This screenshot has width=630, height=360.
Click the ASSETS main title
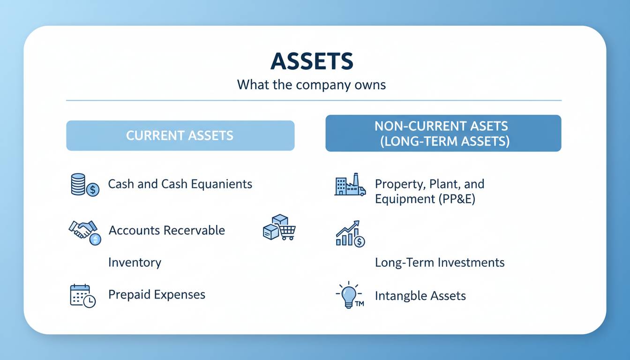click(x=312, y=61)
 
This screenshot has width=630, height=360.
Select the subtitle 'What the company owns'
click(x=311, y=85)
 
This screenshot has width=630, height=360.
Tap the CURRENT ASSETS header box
click(x=180, y=135)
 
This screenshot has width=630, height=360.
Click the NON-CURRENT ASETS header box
click(x=443, y=133)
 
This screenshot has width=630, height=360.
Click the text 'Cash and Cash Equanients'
click(x=180, y=184)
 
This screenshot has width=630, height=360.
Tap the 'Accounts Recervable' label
click(x=167, y=230)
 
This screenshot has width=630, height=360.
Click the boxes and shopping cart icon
click(x=279, y=227)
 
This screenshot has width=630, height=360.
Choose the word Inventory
click(x=135, y=262)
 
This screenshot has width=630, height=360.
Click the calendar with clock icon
click(x=82, y=296)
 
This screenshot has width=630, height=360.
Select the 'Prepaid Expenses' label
click(x=157, y=295)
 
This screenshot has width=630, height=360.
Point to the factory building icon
click(x=350, y=184)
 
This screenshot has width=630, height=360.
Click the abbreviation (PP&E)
click(x=457, y=199)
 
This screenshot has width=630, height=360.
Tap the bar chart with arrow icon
click(x=351, y=234)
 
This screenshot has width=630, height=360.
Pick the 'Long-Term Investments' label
click(x=440, y=262)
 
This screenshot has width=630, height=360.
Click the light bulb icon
click(x=349, y=295)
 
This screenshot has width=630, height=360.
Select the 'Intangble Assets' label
click(x=420, y=296)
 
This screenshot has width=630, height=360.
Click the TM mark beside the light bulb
click(x=360, y=304)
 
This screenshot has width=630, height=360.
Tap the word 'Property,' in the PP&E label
click(x=400, y=185)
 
